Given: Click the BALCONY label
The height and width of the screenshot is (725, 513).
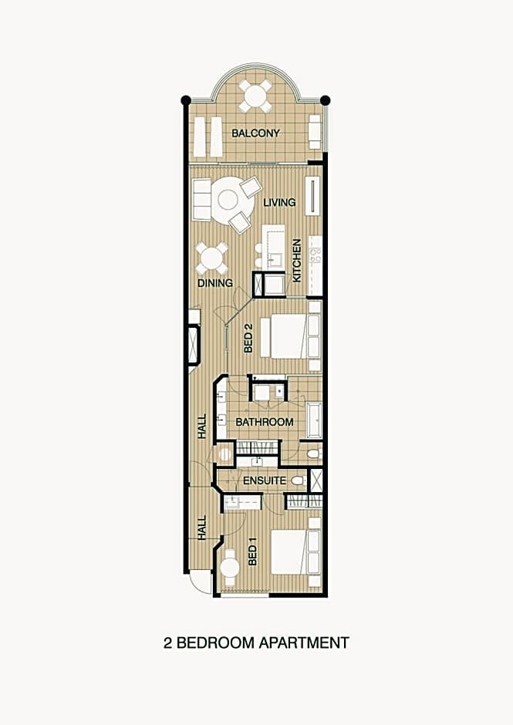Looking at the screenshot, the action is click(255, 133).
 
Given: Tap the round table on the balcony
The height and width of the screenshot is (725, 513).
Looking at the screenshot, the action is click(255, 96).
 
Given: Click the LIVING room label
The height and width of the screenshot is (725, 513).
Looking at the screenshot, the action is click(279, 203).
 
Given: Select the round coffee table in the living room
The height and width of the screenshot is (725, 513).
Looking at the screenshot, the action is click(228, 201).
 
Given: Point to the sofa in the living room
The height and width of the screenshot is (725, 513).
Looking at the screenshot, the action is click(201, 201).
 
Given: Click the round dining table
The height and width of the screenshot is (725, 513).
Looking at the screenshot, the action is click(211, 259).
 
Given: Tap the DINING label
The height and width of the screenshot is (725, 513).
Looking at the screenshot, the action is click(215, 283).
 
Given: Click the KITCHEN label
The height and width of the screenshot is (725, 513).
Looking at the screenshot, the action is click(297, 261).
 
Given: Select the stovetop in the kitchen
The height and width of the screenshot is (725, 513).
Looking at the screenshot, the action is click(316, 255).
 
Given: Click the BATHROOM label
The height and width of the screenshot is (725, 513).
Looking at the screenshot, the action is click(264, 422).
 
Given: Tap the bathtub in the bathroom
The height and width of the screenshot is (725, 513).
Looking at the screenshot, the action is click(314, 420).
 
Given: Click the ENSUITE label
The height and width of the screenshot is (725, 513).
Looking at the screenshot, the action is click(265, 481).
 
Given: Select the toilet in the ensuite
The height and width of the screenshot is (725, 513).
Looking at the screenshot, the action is click(299, 481).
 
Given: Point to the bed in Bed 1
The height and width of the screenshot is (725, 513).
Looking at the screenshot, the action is click(290, 552).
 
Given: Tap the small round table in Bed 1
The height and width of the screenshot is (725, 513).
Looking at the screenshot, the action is click(230, 566).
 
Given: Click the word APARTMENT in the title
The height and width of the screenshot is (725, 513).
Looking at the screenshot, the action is click(303, 642).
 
